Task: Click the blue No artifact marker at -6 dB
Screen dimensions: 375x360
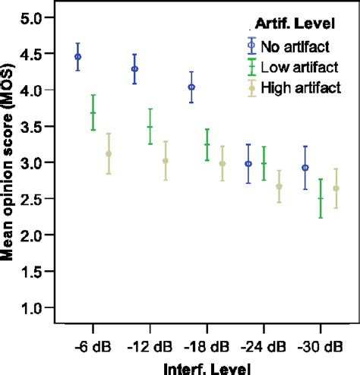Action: point(78,57)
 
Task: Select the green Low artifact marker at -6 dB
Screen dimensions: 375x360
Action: point(93,113)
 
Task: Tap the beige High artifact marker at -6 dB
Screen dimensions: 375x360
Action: point(109,154)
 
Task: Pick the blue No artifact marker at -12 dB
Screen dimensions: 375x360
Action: point(135,69)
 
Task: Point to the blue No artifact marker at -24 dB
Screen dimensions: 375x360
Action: point(248,164)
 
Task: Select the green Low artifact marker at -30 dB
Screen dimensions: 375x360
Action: point(321,199)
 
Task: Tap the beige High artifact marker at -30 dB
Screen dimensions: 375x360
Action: point(336,188)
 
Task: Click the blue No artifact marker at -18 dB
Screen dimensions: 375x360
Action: point(191,87)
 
